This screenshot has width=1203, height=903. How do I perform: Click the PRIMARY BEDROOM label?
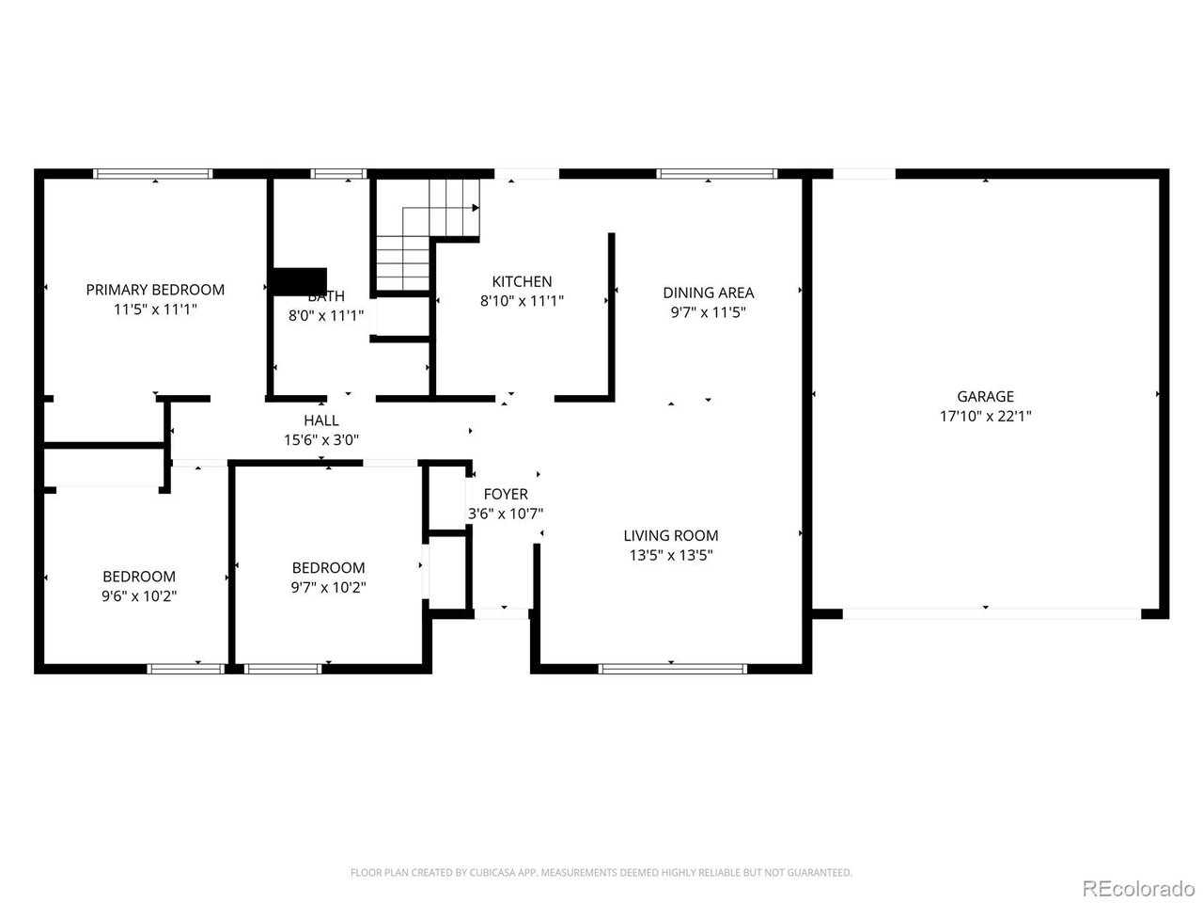(x=155, y=290)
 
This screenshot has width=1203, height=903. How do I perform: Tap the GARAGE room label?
(x=985, y=397)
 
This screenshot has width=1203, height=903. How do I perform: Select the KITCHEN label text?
(x=522, y=281)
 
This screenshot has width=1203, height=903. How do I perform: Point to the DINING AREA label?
(x=708, y=293)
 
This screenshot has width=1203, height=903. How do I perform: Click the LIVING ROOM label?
(x=670, y=535)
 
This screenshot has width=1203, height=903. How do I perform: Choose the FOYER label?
(x=506, y=494)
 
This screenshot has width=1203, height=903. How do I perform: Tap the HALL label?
(x=321, y=420)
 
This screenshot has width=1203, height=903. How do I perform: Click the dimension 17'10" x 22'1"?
(x=985, y=416)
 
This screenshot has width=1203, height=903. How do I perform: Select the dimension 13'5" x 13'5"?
(x=670, y=555)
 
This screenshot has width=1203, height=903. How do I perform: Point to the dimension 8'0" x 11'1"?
(x=325, y=316)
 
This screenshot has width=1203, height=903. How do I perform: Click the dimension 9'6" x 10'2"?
(x=139, y=595)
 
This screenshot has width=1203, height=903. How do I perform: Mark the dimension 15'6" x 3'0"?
(x=321, y=439)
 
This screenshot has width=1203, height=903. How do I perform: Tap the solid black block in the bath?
(x=299, y=280)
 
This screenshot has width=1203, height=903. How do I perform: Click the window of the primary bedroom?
(x=153, y=173)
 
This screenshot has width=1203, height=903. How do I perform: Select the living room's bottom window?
(x=672, y=669)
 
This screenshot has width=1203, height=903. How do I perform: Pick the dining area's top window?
(x=717, y=173)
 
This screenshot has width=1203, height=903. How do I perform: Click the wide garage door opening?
(x=992, y=613)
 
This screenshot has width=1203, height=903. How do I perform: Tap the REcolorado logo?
(x=1137, y=888)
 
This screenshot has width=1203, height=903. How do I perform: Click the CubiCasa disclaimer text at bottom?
(x=601, y=873)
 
